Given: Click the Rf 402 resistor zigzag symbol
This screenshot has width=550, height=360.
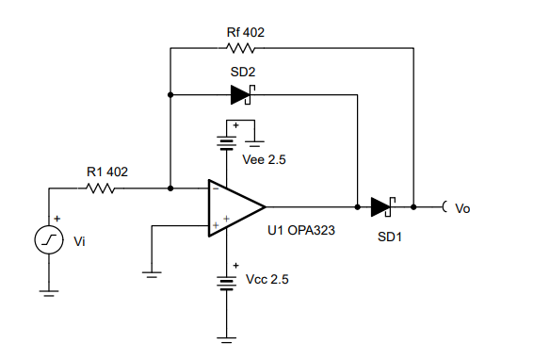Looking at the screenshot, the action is pyautogui.click(x=241, y=48).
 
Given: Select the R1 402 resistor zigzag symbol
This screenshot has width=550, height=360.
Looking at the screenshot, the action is pyautogui.click(x=101, y=188).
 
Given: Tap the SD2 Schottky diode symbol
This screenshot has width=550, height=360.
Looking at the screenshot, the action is pyautogui.click(x=243, y=95).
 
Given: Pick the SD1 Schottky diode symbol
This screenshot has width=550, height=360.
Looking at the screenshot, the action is pyautogui.click(x=383, y=207).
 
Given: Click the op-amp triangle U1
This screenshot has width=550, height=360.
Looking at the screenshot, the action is pyautogui.click(x=236, y=207).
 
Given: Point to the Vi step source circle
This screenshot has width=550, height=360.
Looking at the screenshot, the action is pyautogui.click(x=49, y=240).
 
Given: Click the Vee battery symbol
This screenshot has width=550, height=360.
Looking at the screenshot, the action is pyautogui.click(x=227, y=143).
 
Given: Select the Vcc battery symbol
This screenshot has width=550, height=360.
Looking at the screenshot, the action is pyautogui.click(x=227, y=283).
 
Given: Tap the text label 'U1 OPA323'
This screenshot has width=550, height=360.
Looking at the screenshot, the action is pyautogui.click(x=301, y=231).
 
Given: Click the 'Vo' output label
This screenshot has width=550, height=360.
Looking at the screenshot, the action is pyautogui.click(x=462, y=208).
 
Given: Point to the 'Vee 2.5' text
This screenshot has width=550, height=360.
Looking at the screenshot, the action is pyautogui.click(x=264, y=159).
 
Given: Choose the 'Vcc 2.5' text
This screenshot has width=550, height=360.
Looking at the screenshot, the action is pyautogui.click(x=267, y=279).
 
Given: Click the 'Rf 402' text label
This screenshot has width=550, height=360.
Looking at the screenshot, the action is pyautogui.click(x=246, y=32).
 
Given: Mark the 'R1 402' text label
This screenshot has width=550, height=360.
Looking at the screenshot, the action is pyautogui.click(x=107, y=172).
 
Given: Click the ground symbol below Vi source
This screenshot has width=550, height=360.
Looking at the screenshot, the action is pyautogui.click(x=49, y=293).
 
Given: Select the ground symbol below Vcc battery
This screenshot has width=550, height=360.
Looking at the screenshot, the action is pyautogui.click(x=227, y=339).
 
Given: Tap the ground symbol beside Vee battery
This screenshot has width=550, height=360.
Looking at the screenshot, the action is pyautogui.click(x=254, y=143).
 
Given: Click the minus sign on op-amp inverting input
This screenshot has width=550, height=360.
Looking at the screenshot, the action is pyautogui.click(x=216, y=188).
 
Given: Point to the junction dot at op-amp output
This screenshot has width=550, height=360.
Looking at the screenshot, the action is pyautogui.click(x=358, y=207).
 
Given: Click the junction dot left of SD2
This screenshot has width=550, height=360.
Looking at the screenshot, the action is pyautogui.click(x=170, y=95).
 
